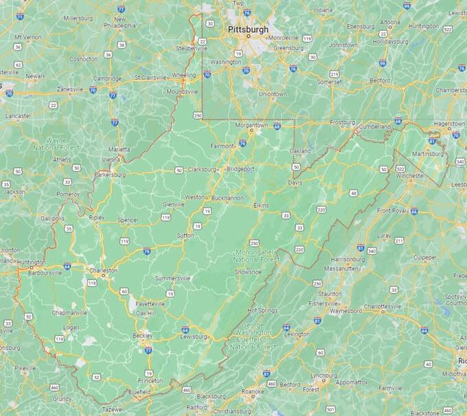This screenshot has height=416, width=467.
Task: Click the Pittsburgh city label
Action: (x=249, y=30)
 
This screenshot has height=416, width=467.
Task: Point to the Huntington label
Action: (x=32, y=262)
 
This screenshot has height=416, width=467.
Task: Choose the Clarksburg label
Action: (x=202, y=168)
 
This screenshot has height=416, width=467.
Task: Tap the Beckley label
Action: (x=143, y=336)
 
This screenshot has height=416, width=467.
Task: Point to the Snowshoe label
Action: (x=249, y=271)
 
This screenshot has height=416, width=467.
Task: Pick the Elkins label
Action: (x=260, y=205)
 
